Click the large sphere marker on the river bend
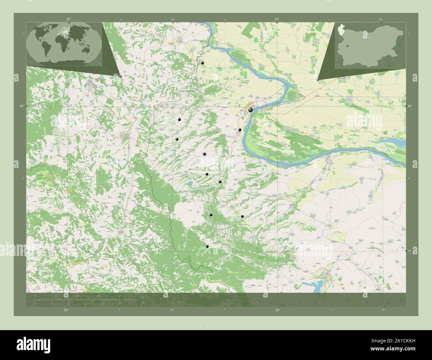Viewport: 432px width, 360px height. [x=250, y=110]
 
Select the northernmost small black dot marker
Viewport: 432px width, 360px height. [x=202, y=63]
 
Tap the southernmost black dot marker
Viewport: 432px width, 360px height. [x=207, y=246]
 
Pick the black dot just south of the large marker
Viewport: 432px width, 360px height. [x=240, y=130]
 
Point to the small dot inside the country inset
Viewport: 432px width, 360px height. [x=347, y=46]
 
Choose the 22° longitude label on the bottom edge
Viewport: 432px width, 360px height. [x=66, y=310]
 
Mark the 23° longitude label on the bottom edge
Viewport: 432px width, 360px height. [x=277, y=310]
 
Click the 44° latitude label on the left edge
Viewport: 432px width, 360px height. [x=22, y=106]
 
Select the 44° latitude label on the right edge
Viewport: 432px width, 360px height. [x=410, y=106]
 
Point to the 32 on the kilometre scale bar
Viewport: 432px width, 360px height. [x=119, y=296]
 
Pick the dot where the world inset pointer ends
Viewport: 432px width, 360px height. [x=120, y=76]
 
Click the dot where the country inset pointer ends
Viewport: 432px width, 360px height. [x=318, y=80]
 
